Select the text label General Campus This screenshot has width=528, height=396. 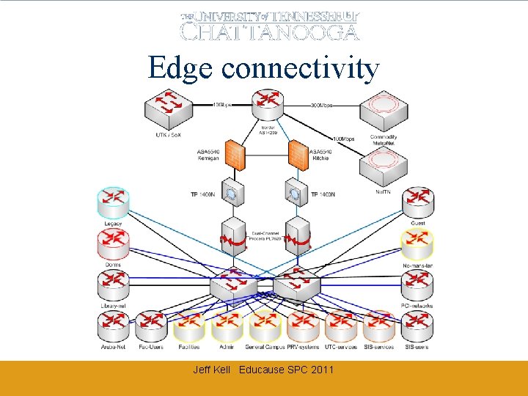click(x=265, y=347)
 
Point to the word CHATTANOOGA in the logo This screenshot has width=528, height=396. click(x=270, y=32)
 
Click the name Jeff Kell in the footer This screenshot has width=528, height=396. click(x=211, y=370)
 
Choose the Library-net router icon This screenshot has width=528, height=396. click(x=113, y=285)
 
